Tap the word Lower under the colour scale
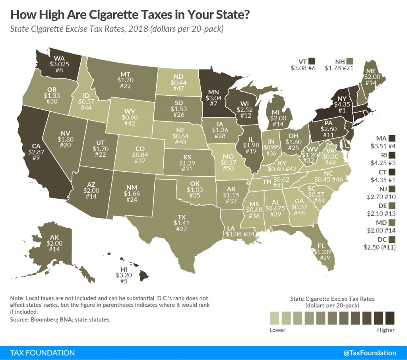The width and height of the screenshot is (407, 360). click(x=277, y=330)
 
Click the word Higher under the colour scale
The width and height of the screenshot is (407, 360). click(x=385, y=330)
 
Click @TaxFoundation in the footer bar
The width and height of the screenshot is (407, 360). click(x=369, y=352)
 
